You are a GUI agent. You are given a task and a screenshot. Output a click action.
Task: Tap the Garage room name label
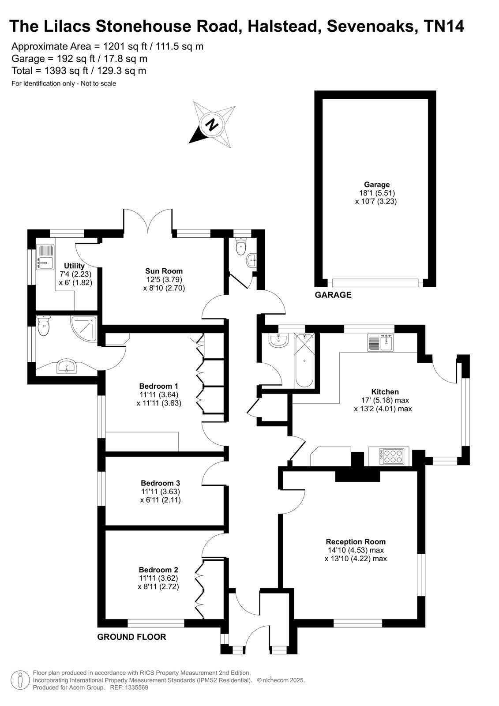click(377, 184)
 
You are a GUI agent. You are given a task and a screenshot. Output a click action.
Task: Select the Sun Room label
click(164, 271)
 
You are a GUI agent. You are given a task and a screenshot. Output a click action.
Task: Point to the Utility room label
click(75, 266)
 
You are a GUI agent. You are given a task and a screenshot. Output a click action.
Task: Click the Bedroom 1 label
click(159, 386)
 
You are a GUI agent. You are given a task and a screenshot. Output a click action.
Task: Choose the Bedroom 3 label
click(161, 483)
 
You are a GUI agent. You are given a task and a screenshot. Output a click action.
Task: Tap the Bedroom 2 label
click(158, 570)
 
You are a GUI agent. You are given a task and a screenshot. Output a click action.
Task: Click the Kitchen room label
click(385, 391)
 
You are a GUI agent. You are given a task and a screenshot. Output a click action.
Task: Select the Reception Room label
click(356, 541)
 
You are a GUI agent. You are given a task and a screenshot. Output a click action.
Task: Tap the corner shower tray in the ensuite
click(83, 329)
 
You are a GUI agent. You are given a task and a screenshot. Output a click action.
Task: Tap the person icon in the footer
click(20, 680)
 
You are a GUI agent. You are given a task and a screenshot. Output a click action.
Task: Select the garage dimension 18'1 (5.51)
click(377, 193)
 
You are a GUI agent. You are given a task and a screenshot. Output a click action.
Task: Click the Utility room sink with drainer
click(46, 257)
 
